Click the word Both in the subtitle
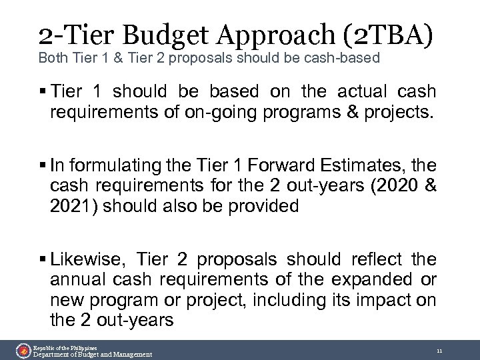point(51,59)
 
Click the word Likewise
point(94,259)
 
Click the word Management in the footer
point(130,354)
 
